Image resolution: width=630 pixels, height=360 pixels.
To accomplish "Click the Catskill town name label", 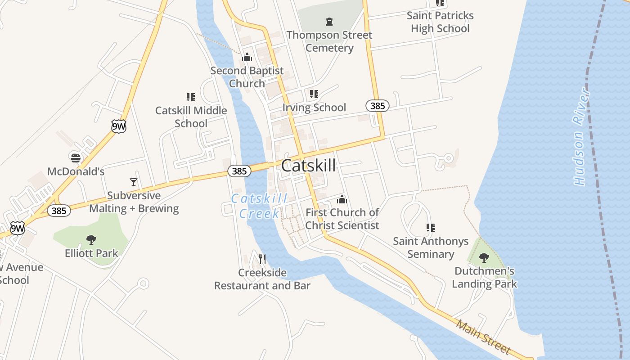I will click(x=308, y=166).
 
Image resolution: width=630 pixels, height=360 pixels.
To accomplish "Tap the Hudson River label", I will click(x=581, y=136).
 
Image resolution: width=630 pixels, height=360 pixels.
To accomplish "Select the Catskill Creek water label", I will click(x=259, y=206).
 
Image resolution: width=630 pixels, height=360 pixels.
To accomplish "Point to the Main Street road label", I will click(x=483, y=337).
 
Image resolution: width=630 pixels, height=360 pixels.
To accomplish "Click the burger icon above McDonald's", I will click(x=75, y=158).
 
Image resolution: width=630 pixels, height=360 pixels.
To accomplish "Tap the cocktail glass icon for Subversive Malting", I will click(x=133, y=182).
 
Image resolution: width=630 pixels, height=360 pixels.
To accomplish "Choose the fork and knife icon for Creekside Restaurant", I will click(x=262, y=259).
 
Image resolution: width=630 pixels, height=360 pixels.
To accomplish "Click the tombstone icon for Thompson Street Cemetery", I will click(x=329, y=21).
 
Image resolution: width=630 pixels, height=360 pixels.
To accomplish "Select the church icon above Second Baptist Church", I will click(x=247, y=57).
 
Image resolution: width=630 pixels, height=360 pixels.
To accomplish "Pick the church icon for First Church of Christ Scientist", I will click(x=342, y=199).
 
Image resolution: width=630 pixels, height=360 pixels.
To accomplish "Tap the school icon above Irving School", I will click(x=314, y=94).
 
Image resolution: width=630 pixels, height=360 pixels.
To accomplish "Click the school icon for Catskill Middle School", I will click(x=190, y=97).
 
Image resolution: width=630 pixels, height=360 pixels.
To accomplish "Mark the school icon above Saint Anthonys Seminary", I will click(x=430, y=228).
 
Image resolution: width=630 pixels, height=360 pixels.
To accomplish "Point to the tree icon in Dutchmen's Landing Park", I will click(x=484, y=258).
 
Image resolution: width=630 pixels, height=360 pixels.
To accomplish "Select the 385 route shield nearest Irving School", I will click(x=377, y=106).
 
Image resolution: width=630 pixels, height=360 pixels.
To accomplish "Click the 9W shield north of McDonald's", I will click(x=119, y=126).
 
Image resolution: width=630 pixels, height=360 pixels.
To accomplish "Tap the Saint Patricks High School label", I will click(x=440, y=22).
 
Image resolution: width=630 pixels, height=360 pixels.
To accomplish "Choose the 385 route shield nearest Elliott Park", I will click(x=59, y=211).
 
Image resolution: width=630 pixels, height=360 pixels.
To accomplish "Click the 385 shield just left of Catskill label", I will click(x=239, y=171).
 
